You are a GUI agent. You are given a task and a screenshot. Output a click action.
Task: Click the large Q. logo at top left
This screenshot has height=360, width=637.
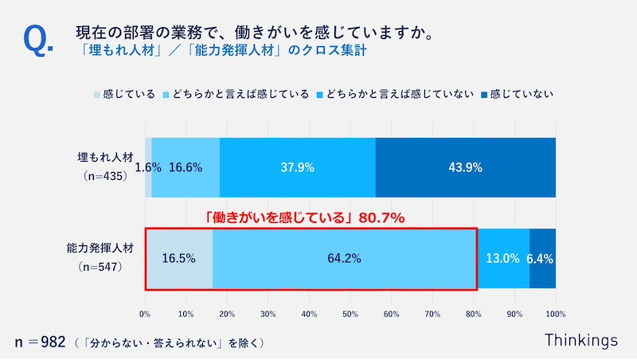(39, 41)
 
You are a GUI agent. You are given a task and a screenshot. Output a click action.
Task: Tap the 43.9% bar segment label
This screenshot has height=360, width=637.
(465, 167)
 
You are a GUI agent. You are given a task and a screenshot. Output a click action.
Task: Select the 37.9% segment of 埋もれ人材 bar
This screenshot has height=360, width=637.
(297, 167)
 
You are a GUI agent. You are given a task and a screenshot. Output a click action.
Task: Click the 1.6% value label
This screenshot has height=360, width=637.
(148, 167)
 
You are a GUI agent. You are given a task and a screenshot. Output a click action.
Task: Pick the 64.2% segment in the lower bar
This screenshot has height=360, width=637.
(344, 258)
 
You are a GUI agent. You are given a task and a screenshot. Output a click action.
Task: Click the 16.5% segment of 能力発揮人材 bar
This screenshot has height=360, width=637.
(178, 258)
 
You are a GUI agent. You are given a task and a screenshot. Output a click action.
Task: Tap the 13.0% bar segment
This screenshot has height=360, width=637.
(503, 258)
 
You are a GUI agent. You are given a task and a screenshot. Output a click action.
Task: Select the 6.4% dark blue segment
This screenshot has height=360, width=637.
(542, 258)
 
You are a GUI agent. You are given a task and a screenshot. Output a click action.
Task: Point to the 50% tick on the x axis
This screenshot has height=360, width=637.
(350, 314)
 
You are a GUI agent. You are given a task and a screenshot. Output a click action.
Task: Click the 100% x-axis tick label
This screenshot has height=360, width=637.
(555, 314)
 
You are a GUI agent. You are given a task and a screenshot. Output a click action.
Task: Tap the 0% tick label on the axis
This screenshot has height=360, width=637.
(146, 314)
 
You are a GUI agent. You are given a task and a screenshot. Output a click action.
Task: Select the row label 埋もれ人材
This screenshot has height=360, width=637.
(100, 157)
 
